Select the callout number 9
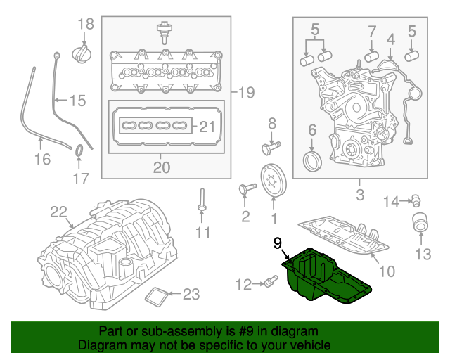click(278, 243)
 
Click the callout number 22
click(58, 212)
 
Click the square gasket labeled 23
click(156, 297)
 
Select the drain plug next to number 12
click(268, 283)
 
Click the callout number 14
click(391, 202)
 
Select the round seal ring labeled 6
click(312, 161)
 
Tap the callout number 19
click(245, 92)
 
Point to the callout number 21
click(205, 127)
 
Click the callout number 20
click(162, 167)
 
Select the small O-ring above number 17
click(79, 150)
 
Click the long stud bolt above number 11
click(202, 198)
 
